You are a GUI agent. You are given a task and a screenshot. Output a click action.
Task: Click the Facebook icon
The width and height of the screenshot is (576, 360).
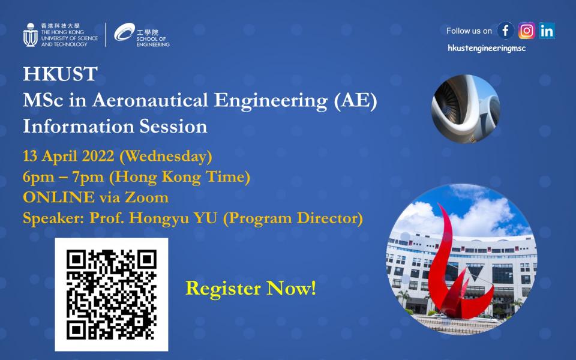pos(505,31)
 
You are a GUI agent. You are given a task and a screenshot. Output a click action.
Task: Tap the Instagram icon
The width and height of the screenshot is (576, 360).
pos(526,31)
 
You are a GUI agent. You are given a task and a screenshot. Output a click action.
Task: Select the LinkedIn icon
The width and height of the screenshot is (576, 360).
pos(547,31)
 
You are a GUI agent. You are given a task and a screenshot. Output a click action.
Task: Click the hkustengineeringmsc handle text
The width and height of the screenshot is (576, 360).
pos(487,48)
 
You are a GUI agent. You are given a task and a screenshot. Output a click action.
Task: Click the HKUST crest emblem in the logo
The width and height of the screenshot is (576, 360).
pos(31,35)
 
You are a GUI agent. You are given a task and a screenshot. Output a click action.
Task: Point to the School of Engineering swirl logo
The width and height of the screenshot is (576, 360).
pos(125,32)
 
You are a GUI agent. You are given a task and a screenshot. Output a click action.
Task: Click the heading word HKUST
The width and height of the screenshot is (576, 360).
pos(60,74)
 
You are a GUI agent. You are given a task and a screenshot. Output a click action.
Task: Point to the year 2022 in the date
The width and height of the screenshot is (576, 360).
pos(98,156)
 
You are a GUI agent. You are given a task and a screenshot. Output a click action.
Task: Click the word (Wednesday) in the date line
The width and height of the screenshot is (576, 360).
pos(166,157)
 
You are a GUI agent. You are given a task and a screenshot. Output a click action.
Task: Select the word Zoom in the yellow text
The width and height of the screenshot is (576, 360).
pos(146,197)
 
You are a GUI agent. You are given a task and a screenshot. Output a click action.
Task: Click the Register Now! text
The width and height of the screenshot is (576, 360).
pos(251,289)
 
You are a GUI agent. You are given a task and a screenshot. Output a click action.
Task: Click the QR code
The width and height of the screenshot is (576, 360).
pos(112,295)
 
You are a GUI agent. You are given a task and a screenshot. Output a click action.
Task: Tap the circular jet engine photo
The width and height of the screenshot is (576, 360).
pos(466,109)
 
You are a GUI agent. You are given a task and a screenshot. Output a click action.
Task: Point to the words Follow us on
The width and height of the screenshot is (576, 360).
pos(469,31)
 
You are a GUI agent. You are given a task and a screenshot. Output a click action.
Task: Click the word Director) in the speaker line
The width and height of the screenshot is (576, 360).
pos(330,218)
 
